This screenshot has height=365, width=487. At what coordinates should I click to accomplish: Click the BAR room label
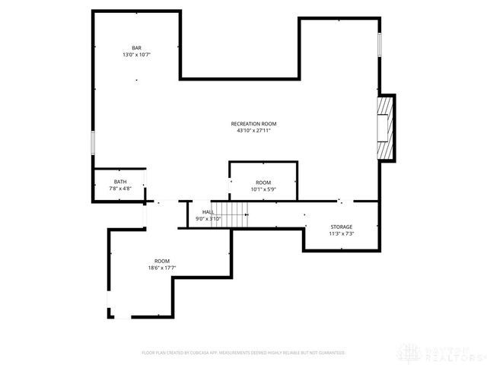click(136, 48)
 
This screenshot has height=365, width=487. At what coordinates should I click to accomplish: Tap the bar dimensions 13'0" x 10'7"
click(136, 55)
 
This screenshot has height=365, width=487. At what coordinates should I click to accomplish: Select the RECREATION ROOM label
click(253, 123)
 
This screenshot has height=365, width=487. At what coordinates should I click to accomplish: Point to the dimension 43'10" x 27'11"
click(253, 130)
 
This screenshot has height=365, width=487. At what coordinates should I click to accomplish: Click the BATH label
click(120, 182)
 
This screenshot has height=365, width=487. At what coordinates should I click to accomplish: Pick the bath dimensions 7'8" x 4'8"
click(120, 189)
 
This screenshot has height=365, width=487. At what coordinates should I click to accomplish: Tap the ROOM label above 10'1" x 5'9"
click(263, 182)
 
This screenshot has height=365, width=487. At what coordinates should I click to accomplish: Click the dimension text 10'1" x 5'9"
click(263, 189)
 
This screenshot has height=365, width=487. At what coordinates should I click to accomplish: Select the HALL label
click(208, 212)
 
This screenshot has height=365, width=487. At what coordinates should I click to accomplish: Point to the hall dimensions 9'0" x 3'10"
click(208, 219)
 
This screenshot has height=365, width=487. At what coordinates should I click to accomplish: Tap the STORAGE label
click(341, 227)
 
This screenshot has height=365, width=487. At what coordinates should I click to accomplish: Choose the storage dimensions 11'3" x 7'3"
click(341, 233)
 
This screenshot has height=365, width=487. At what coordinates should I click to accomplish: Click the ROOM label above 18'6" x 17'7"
click(162, 261)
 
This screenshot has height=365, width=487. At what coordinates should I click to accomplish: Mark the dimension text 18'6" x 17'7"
click(162, 268)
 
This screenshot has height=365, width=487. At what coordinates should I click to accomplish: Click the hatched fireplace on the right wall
click(387, 128)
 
